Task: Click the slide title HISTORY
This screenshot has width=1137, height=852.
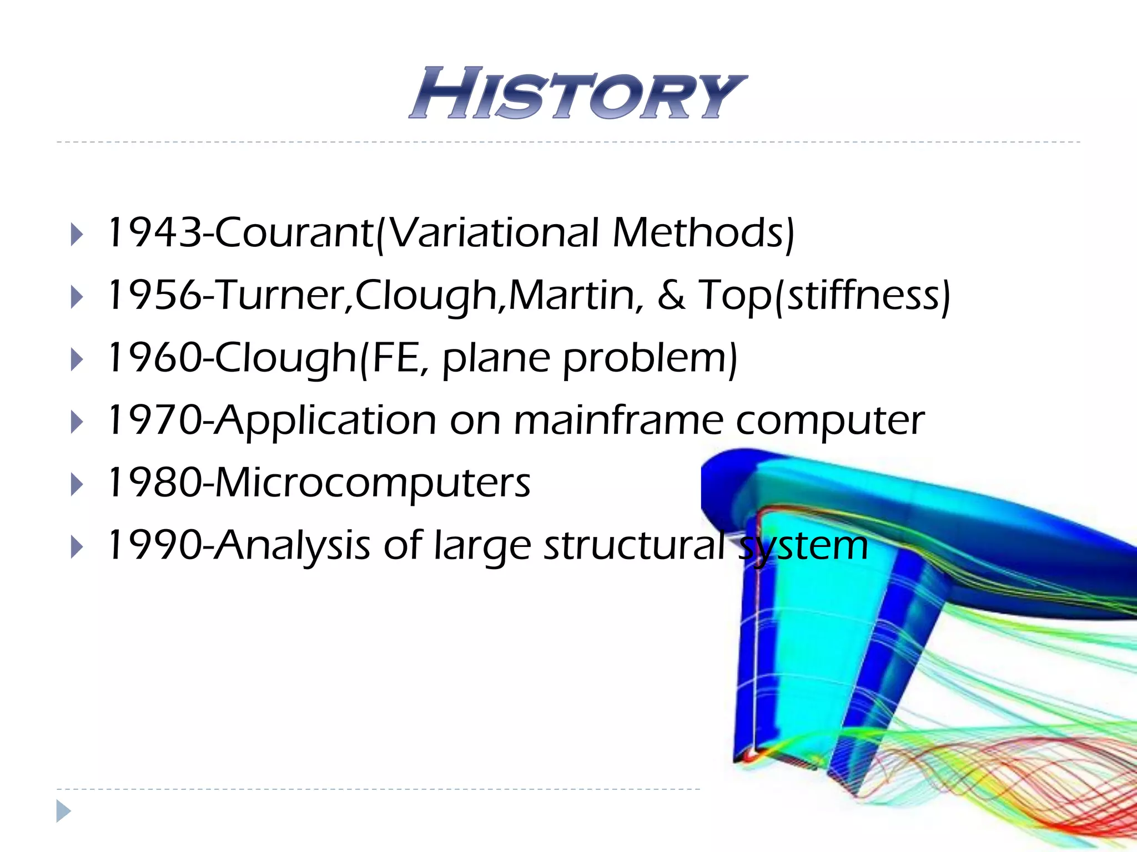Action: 577,93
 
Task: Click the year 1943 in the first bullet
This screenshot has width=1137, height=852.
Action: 155,232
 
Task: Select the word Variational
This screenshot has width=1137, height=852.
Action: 494,232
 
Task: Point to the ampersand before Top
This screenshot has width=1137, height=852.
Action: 671,295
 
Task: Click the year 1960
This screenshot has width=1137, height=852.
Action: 155,358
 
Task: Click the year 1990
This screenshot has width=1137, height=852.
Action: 155,546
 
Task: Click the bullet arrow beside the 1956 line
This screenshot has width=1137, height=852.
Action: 77,297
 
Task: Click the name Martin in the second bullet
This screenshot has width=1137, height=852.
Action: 572,295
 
